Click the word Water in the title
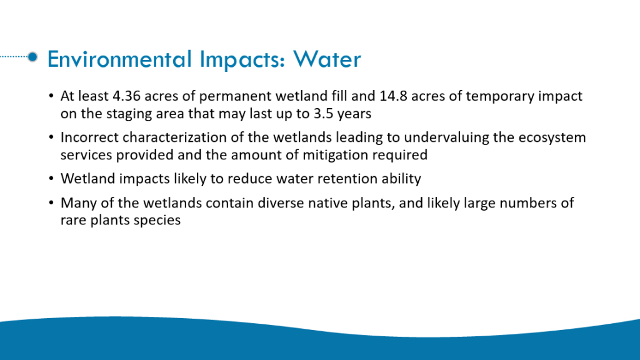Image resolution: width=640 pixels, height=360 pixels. click(327, 59)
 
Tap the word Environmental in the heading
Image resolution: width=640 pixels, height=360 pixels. click(119, 59)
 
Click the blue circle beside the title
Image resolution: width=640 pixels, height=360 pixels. click(32, 57)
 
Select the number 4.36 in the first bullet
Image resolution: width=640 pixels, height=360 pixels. click(126, 96)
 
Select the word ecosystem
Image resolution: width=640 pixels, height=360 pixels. click(552, 138)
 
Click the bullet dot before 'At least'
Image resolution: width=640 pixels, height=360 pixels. click(51, 96)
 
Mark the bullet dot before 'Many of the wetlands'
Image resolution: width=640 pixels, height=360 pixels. click(51, 203)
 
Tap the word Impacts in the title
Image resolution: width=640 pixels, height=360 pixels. click(242, 60)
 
